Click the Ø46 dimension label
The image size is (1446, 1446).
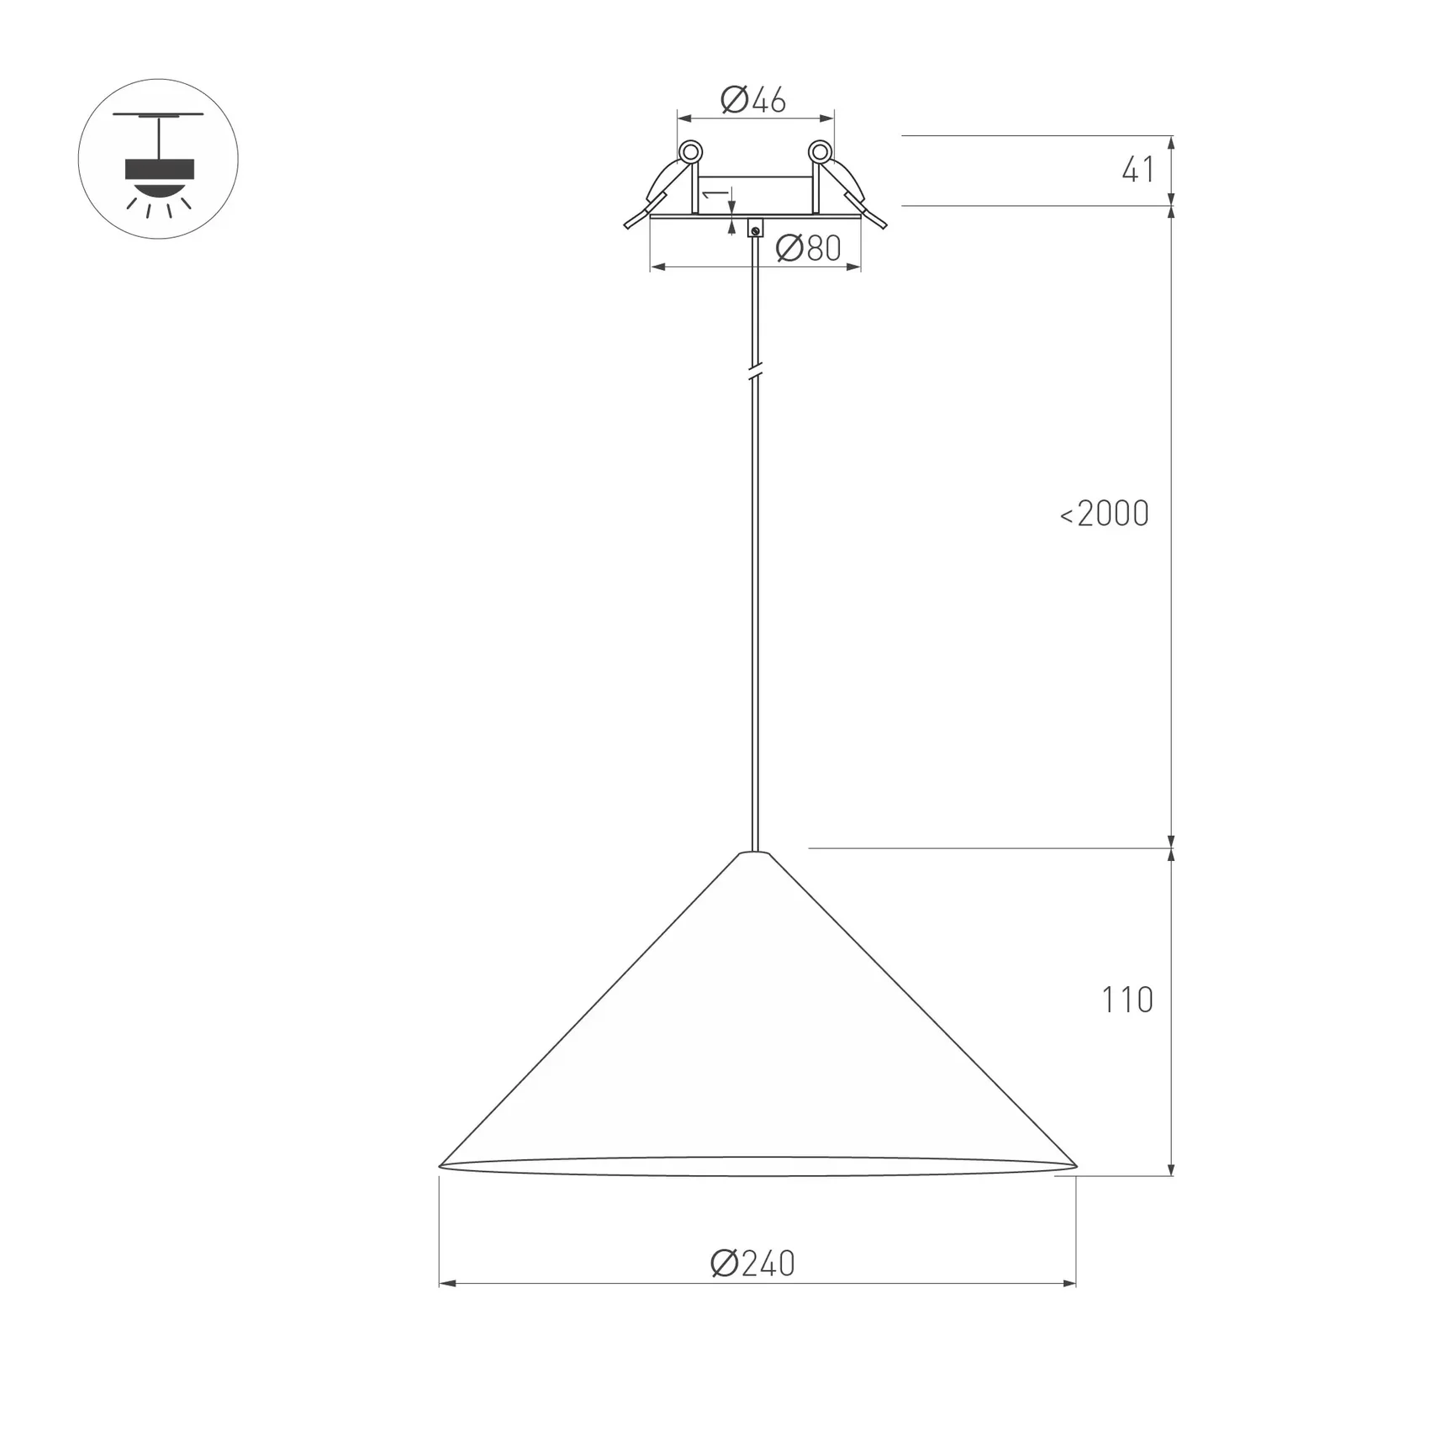(x=753, y=100)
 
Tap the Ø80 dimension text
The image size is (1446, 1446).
(x=808, y=248)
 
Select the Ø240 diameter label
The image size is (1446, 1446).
(x=752, y=1264)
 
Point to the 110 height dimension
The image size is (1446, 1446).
(x=1127, y=1000)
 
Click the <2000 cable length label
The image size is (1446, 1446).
(x=1104, y=514)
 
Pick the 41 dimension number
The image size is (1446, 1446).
(x=1137, y=171)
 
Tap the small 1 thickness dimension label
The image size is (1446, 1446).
(x=715, y=195)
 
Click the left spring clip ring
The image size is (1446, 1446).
(x=690, y=152)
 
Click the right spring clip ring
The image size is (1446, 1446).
(x=820, y=152)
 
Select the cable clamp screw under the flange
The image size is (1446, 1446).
(x=755, y=230)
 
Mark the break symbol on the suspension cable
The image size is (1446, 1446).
(x=755, y=370)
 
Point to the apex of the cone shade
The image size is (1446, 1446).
(x=754, y=854)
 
